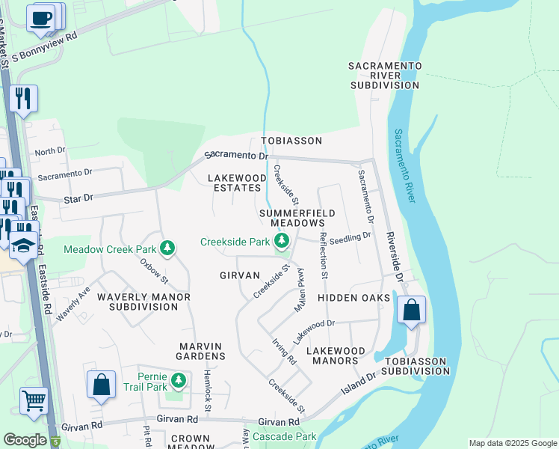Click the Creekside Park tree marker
coord(282,241)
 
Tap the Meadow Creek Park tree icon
coord(168,248)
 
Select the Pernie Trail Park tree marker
coord(178,382)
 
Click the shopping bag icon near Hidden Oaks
coord(411,310)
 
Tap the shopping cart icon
coord(34,400)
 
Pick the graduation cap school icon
coord(24,244)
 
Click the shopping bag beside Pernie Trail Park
coord(102,385)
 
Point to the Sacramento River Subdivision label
coord(384,76)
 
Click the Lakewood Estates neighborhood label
coord(237,183)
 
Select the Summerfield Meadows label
coord(292,218)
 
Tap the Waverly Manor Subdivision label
coord(149,302)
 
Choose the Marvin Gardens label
coord(201,351)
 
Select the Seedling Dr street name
coord(350,236)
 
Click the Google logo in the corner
coord(25,440)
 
